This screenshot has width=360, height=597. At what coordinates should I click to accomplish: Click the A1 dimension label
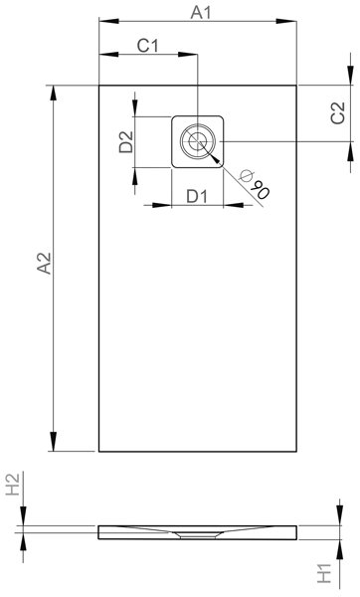[200, 13]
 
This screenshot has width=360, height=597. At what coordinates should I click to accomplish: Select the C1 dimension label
[147, 46]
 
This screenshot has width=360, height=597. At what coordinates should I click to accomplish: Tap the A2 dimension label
[44, 263]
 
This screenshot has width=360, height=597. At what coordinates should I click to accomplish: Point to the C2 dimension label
[338, 113]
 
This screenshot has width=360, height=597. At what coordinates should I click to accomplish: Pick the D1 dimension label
[198, 196]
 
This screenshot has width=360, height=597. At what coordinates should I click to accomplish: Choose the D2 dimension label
[126, 141]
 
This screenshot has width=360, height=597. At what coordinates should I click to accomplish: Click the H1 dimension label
[324, 573]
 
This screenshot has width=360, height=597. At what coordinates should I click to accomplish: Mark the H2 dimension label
[13, 485]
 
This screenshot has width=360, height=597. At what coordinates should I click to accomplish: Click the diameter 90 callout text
[255, 184]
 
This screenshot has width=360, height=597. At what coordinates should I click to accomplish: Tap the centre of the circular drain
[198, 141]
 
